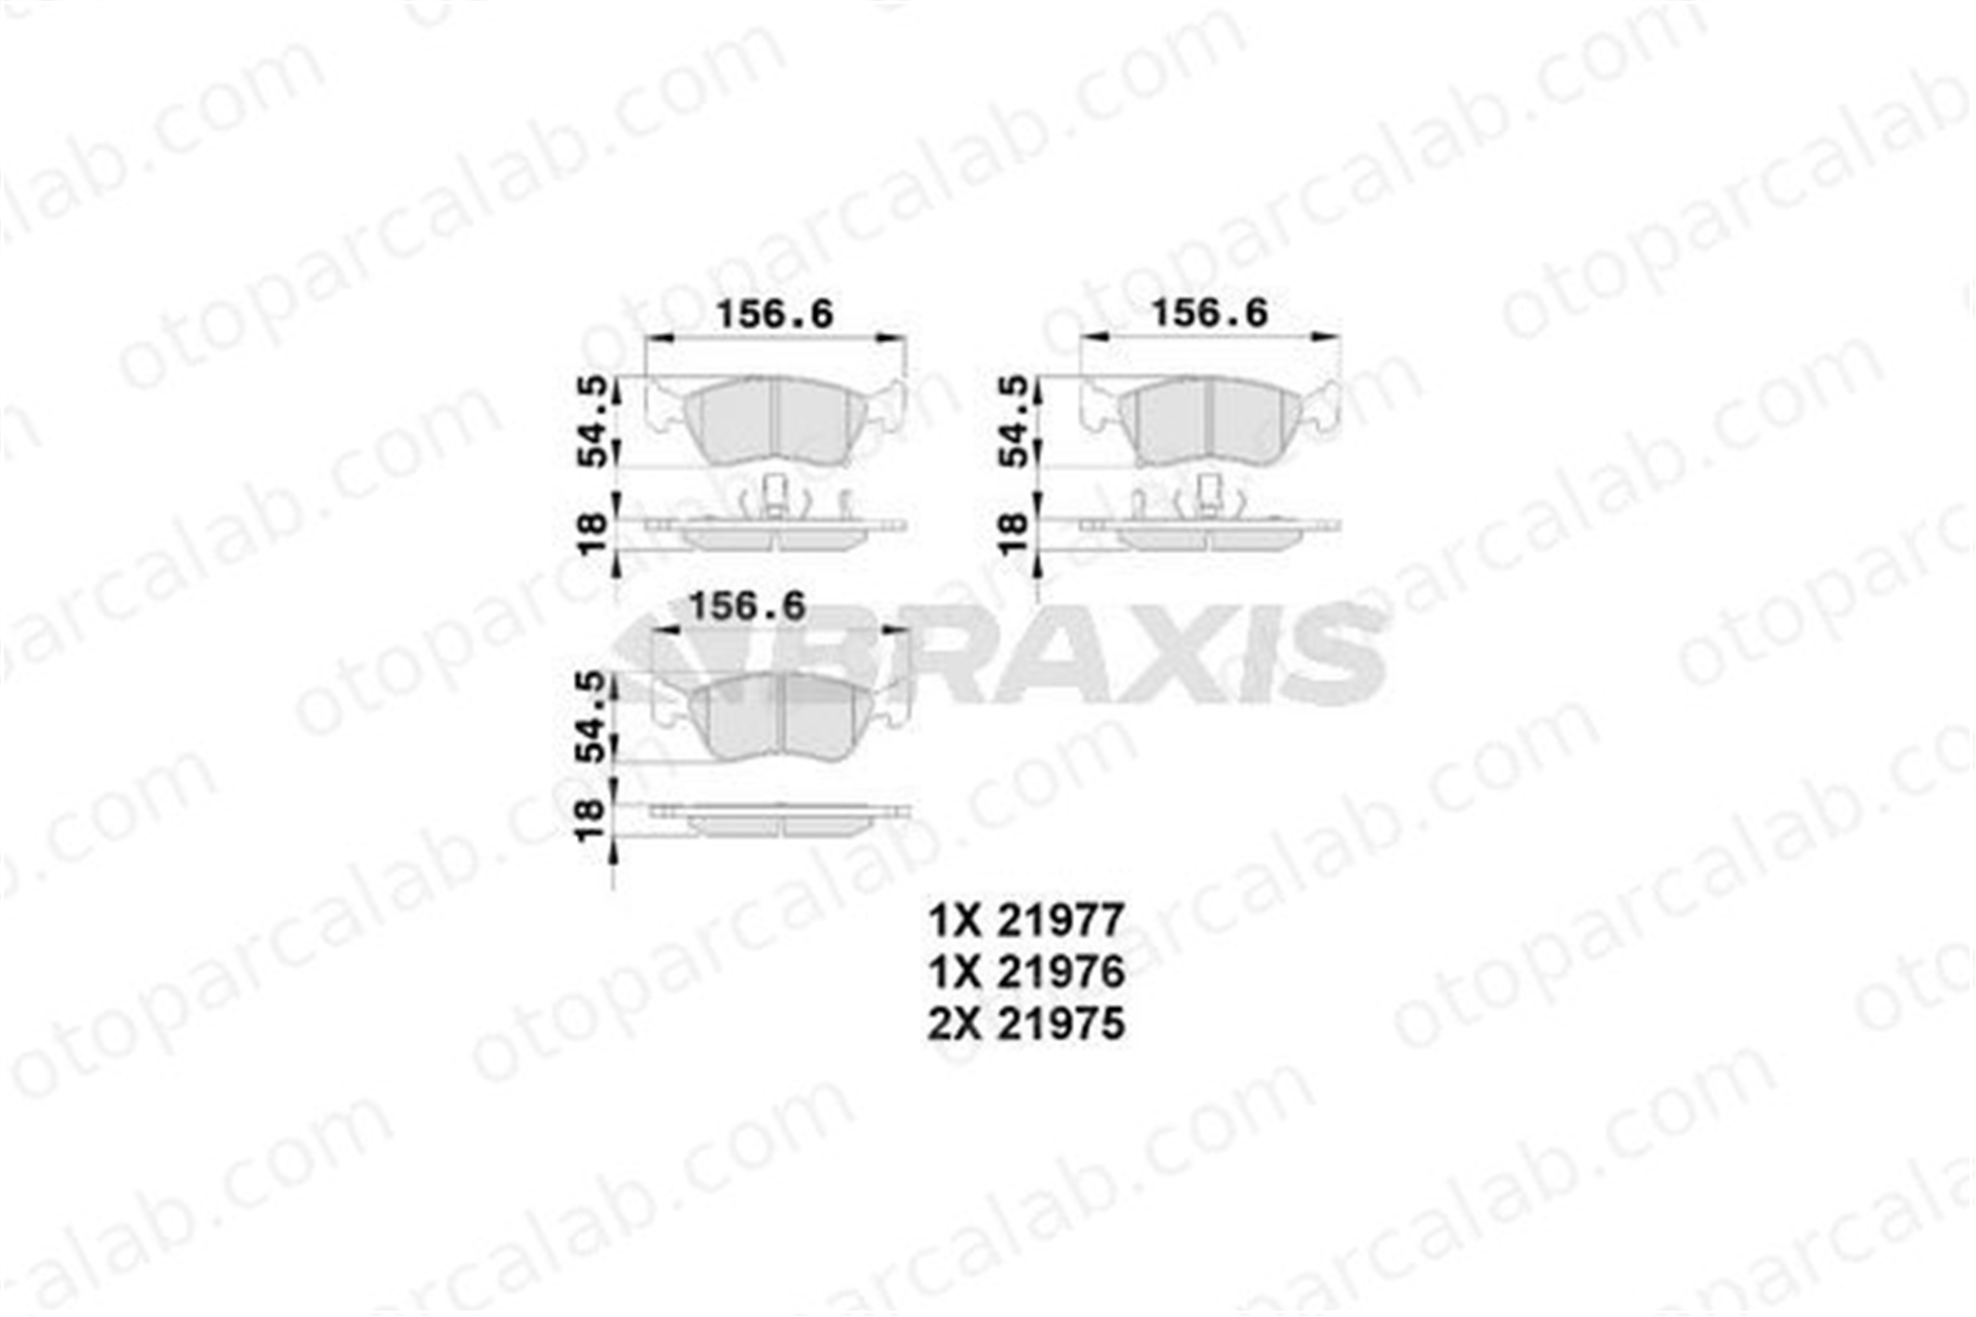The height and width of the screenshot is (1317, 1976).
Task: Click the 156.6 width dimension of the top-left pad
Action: (x=775, y=314)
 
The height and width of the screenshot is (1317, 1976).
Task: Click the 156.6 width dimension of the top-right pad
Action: (x=1209, y=313)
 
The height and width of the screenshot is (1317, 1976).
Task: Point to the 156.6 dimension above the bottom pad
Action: (x=747, y=606)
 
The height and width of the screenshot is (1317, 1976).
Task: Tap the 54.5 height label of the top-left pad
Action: (x=593, y=421)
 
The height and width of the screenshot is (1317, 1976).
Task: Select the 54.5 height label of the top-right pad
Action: (x=1015, y=421)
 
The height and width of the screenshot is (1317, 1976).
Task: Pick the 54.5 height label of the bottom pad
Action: (x=590, y=716)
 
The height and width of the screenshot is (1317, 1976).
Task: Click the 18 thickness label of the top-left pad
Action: (x=593, y=534)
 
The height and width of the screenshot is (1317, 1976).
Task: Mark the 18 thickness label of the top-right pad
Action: (x=1015, y=534)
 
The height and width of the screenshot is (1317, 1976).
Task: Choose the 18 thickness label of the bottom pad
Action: (x=590, y=820)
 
